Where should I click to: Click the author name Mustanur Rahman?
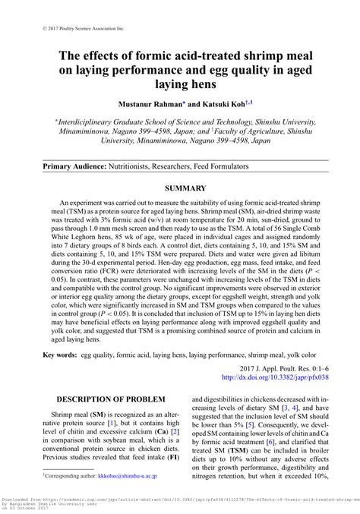click(x=148, y=102)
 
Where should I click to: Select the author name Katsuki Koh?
click(x=222, y=102)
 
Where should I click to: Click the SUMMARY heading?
click(x=180, y=188)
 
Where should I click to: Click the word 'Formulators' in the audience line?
click(x=227, y=166)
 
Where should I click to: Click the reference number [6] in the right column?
click(x=292, y=441)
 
